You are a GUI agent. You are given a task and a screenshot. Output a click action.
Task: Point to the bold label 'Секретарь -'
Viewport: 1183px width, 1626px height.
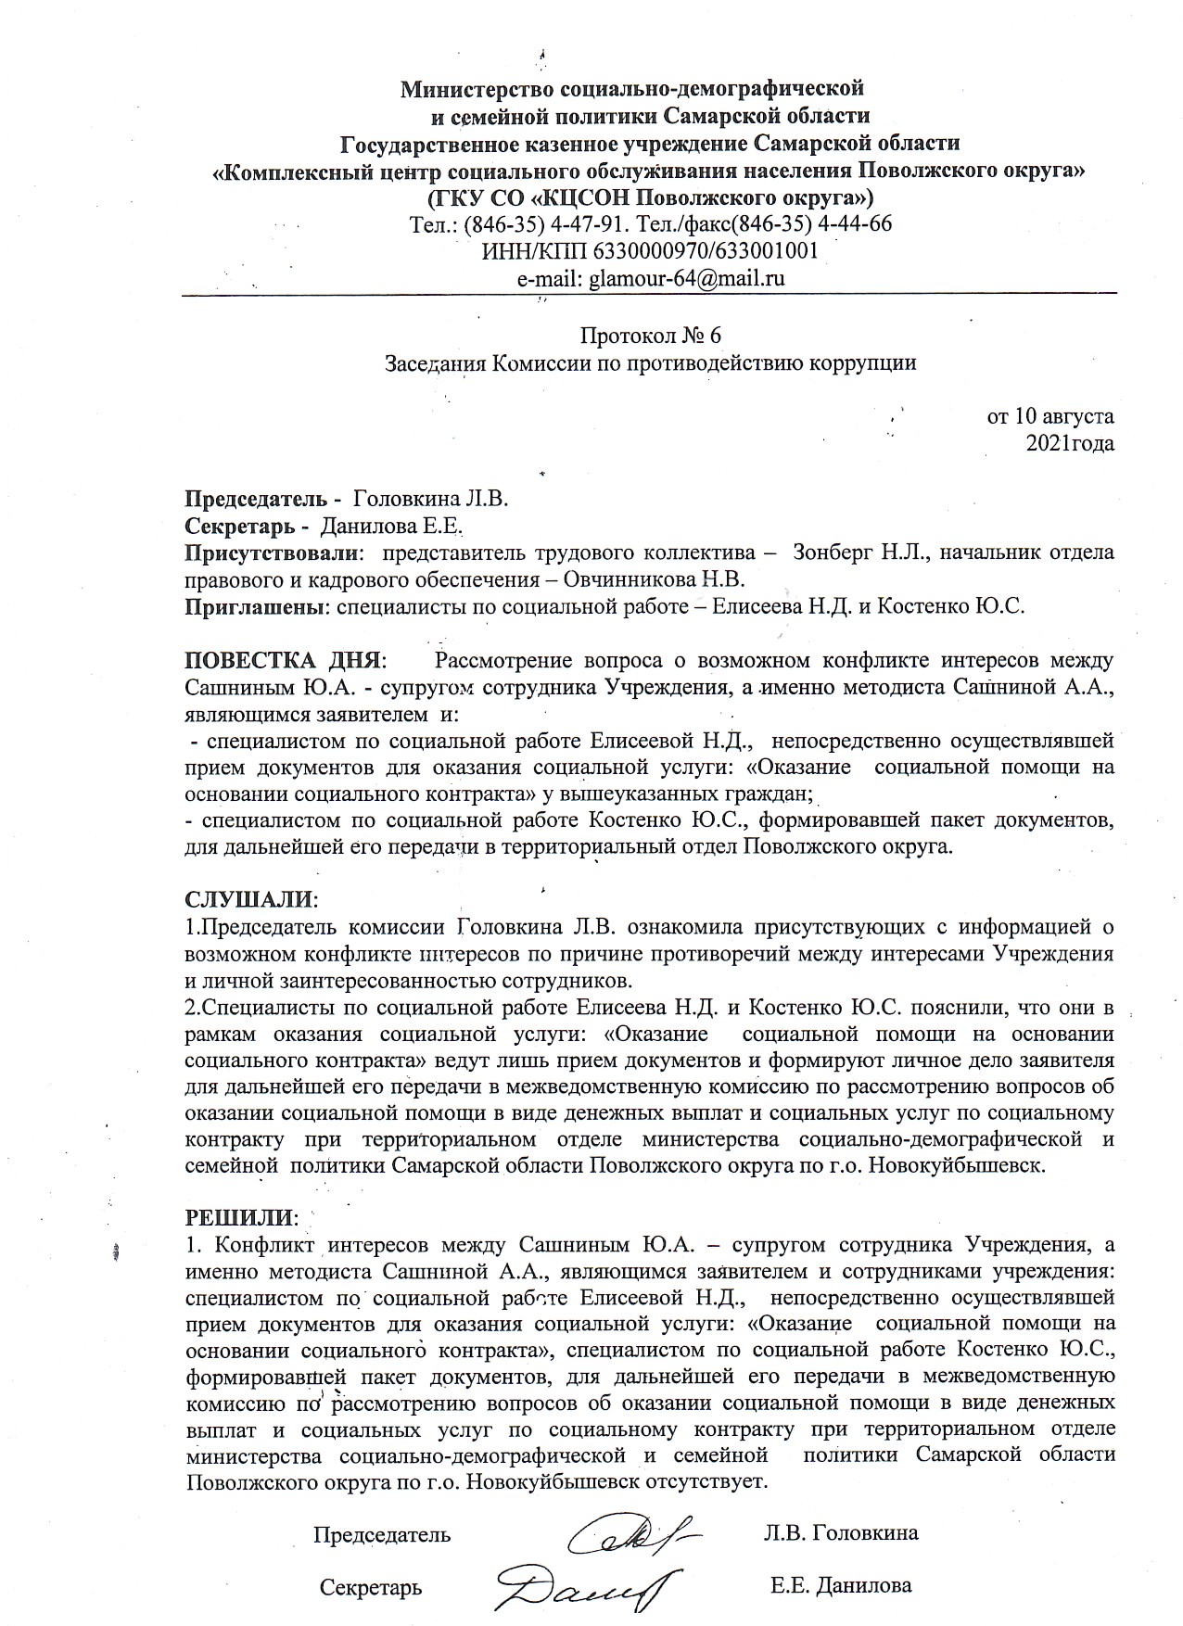248,527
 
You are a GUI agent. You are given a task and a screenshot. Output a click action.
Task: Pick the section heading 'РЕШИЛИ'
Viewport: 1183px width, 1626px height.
241,1215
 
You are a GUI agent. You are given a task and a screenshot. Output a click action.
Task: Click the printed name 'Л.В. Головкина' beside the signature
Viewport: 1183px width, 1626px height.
841,1532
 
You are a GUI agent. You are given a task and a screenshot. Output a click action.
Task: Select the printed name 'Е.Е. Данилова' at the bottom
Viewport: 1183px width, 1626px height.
841,1585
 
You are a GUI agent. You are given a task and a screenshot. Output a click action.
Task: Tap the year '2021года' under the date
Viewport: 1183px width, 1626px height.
1069,443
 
